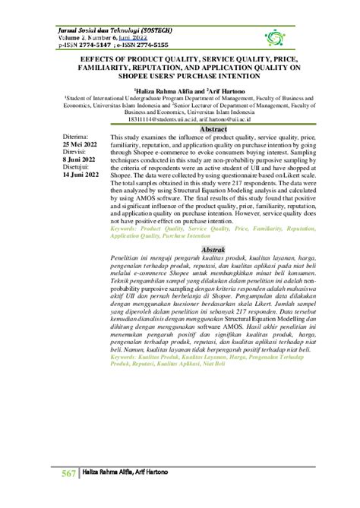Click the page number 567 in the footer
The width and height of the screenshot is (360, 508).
pyautogui.click(x=69, y=474)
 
